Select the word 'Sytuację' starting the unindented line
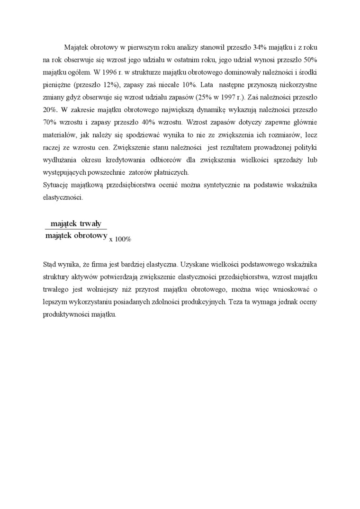coord(56,185)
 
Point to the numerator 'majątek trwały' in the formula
coord(76,224)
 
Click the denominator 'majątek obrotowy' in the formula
coord(76,235)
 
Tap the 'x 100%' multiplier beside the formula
coord(120,240)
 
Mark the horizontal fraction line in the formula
coord(76,230)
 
